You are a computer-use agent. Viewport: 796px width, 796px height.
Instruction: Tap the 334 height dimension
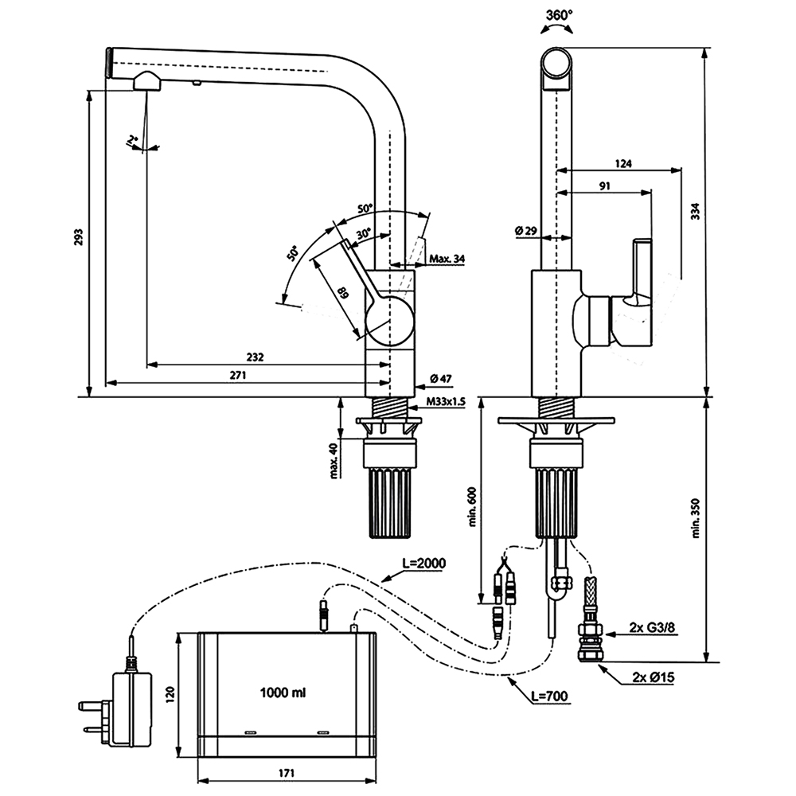coord(695,211)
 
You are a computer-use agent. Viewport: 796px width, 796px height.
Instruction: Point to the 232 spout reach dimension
coord(255,357)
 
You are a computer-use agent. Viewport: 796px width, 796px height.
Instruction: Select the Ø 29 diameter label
coord(526,231)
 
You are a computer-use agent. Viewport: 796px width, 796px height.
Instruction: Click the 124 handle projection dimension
coord(623,164)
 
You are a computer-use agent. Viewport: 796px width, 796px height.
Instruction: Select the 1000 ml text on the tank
coord(283,693)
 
